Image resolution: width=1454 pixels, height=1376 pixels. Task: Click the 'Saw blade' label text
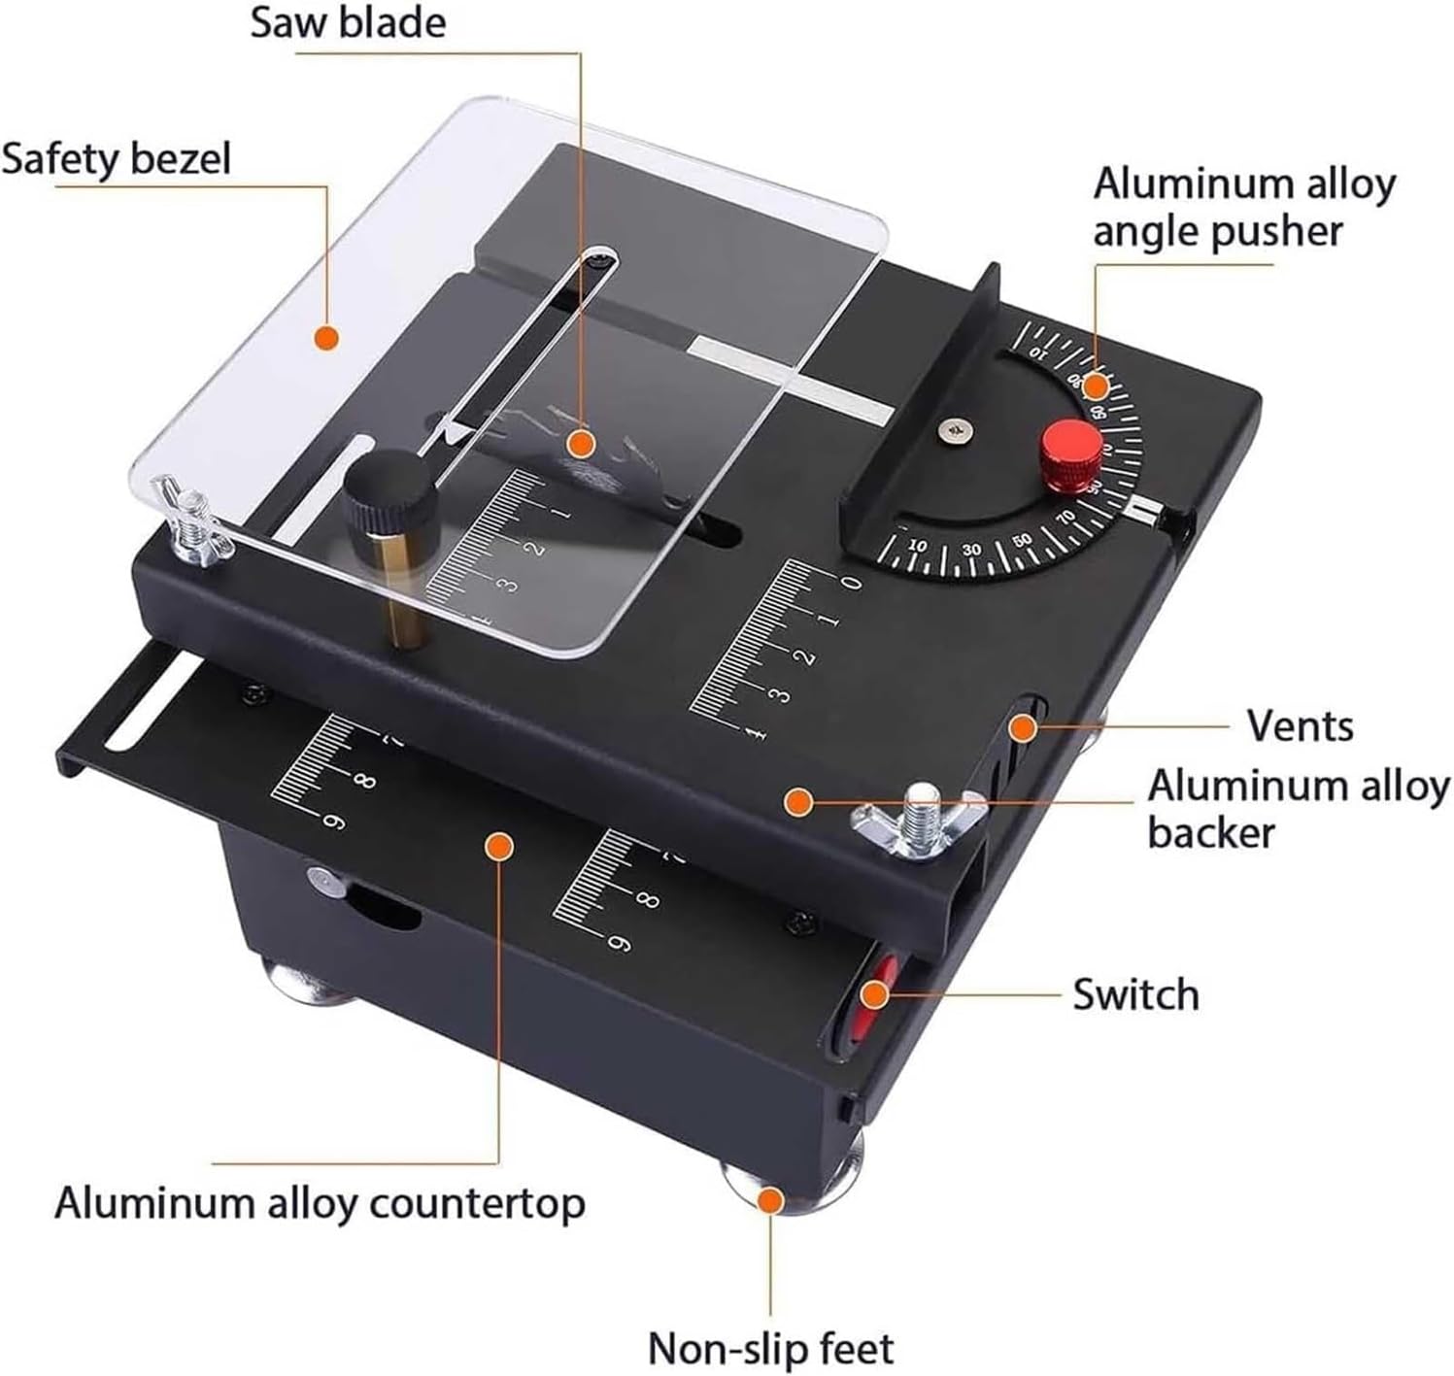click(348, 21)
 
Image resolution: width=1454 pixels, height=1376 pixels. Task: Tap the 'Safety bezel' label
click(117, 158)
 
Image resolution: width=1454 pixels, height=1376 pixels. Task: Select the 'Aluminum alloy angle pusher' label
click(1243, 207)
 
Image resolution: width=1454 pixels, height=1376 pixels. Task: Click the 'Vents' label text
click(1300, 725)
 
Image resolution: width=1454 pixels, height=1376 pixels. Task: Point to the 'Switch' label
click(1135, 994)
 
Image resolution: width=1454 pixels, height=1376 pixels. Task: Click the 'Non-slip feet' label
click(770, 1349)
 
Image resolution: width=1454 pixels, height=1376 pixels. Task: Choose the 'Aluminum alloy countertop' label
click(320, 1203)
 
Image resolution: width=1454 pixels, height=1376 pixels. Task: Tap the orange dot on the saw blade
click(580, 444)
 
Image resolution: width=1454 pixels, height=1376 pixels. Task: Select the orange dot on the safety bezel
click(327, 337)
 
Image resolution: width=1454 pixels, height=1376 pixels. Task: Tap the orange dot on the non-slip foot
click(770, 1201)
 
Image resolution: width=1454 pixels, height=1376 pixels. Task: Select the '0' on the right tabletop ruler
click(852, 583)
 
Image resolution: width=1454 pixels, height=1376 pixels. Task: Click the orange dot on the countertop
click(498, 846)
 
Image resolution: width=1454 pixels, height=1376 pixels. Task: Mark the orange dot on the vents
click(1021, 726)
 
